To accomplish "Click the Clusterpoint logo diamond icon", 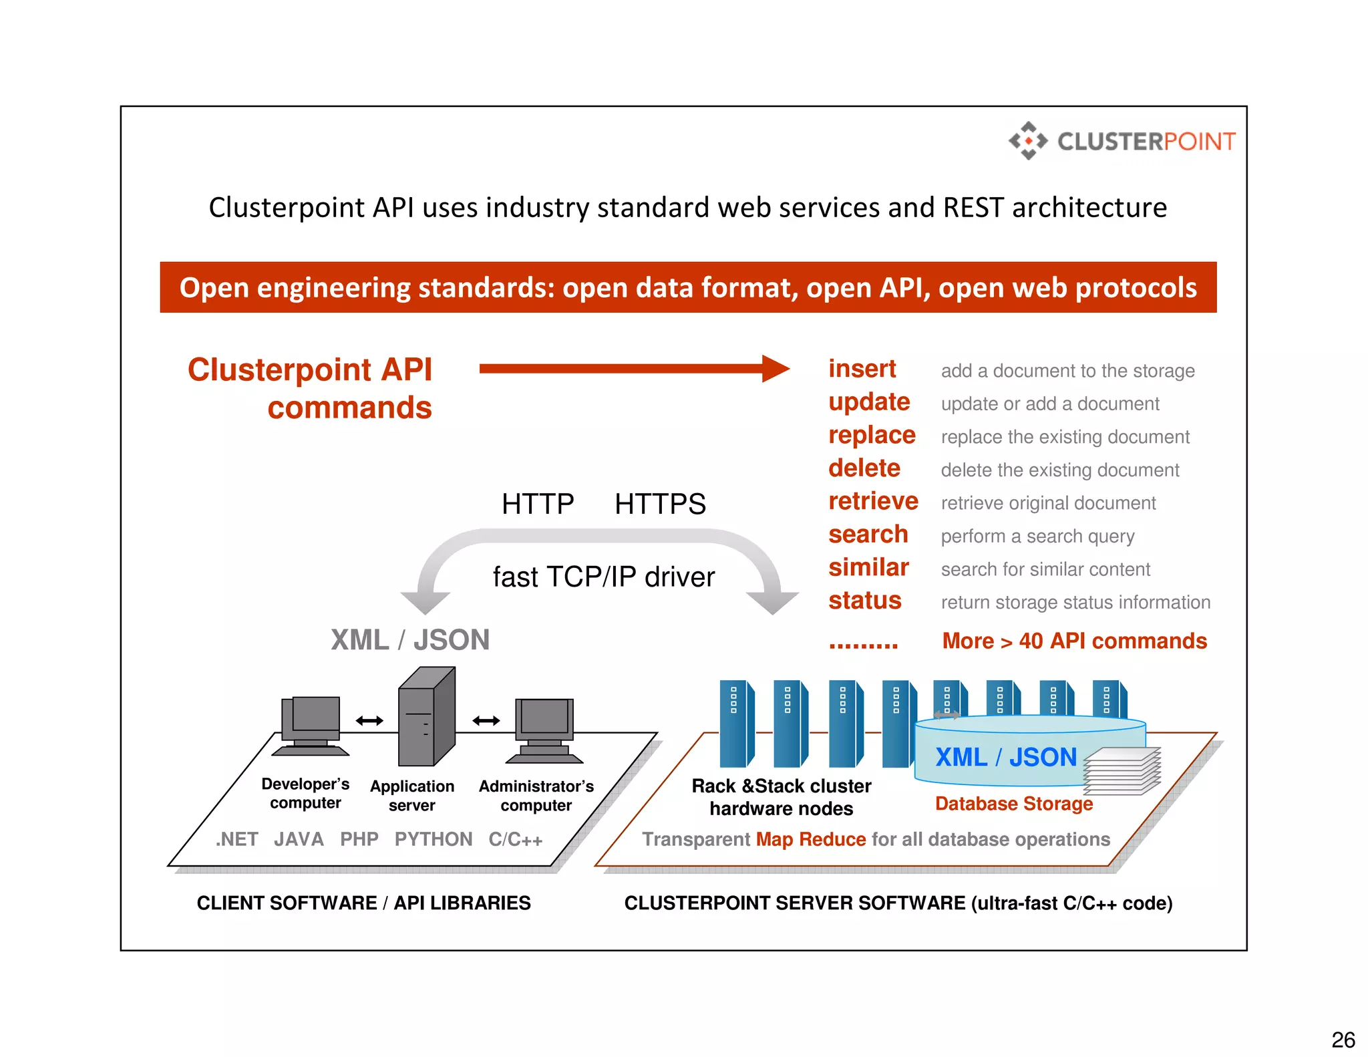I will (x=1028, y=141).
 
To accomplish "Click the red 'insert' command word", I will (x=862, y=369).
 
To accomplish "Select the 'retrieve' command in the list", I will (x=873, y=501).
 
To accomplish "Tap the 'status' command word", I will (x=864, y=601).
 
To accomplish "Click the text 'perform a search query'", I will (x=1037, y=536).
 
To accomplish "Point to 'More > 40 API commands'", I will (x=1074, y=641).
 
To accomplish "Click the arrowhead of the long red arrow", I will (x=776, y=369).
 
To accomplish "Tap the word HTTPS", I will (x=660, y=504).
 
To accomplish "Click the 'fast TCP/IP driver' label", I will (x=603, y=577).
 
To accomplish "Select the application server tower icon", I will (x=426, y=718).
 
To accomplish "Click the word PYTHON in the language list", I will (x=433, y=839).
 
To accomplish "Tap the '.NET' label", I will (x=237, y=839).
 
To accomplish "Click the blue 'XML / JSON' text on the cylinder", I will (x=1005, y=757).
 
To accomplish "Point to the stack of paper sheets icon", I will (x=1122, y=771).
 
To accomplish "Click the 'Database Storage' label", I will (x=1013, y=803).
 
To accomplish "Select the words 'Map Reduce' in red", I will (x=810, y=839).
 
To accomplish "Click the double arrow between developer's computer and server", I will (x=369, y=720).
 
